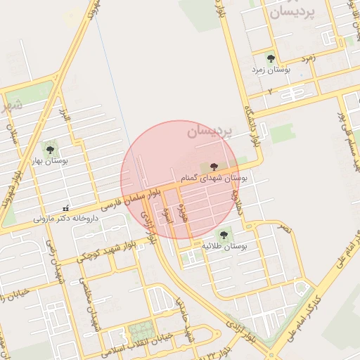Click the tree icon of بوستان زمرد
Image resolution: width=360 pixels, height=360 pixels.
click(271, 58)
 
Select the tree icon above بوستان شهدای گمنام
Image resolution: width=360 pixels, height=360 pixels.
click(214, 167)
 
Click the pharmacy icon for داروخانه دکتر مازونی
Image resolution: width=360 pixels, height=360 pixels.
click(65, 208)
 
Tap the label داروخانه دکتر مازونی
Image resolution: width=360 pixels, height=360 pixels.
click(67, 219)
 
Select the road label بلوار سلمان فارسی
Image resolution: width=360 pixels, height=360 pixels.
click(133, 199)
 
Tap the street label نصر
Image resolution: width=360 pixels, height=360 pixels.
click(283, 229)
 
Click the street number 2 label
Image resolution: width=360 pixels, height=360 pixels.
click(270, 92)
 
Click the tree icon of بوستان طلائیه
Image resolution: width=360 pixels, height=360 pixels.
click(224, 234)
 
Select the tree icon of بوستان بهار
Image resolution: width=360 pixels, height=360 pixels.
click(50, 149)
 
